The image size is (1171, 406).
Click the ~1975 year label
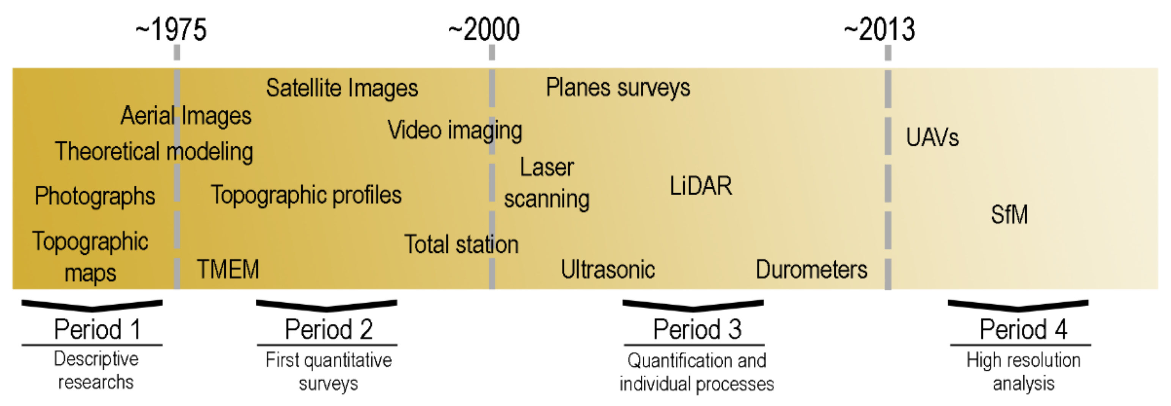coord(171,30)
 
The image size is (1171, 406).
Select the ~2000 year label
coord(484,30)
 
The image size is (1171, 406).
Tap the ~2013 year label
coord(880,30)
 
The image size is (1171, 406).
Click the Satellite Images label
coord(342,88)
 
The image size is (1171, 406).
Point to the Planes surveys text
coord(618,87)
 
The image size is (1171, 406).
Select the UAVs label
coord(932,137)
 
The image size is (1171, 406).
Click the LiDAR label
coord(701,186)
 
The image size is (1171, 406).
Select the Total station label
coord(461,245)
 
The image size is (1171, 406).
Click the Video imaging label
coord(454,130)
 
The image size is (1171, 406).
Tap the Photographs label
coord(95,196)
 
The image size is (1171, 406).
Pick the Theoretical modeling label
coord(154,151)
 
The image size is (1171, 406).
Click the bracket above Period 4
coord(1018,305)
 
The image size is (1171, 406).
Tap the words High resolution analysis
coord(1023,372)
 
